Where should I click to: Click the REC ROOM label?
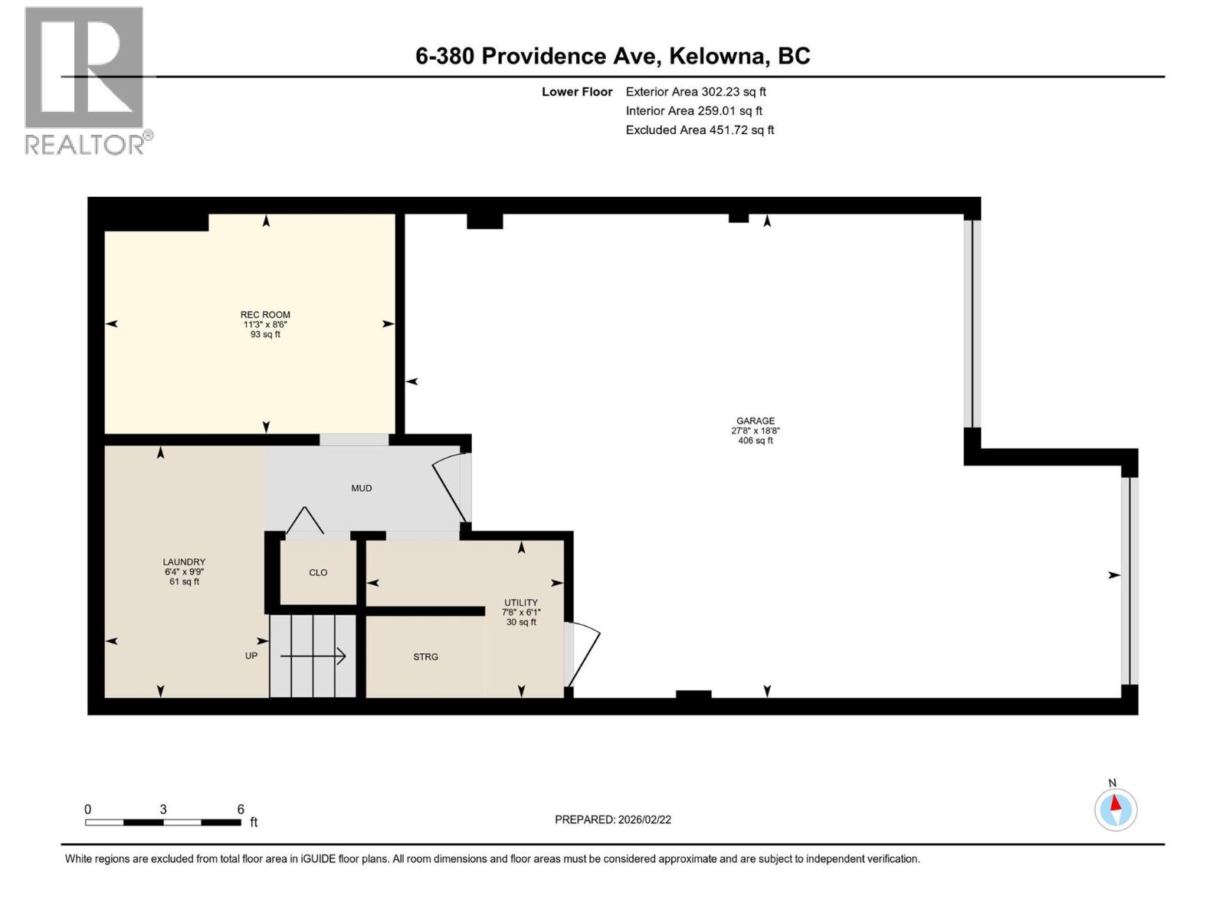tap(265, 315)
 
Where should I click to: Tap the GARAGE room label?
tap(756, 420)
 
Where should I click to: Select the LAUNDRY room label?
tap(184, 562)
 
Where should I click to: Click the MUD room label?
tap(362, 488)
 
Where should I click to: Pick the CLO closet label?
tap(318, 573)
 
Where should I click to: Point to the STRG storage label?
tap(426, 657)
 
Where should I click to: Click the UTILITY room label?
tap(521, 603)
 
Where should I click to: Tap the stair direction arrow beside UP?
tap(313, 656)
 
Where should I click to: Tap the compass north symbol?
tap(1116, 809)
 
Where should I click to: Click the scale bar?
tap(163, 822)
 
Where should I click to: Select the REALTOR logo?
tap(85, 80)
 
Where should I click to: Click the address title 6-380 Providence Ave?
tap(612, 56)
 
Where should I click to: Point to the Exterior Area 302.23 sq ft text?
tap(696, 92)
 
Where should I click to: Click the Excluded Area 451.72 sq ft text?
tap(700, 130)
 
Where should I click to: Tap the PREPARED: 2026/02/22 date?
tap(612, 819)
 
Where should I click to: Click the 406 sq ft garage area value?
tap(756, 441)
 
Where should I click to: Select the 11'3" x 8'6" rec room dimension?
tap(265, 325)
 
